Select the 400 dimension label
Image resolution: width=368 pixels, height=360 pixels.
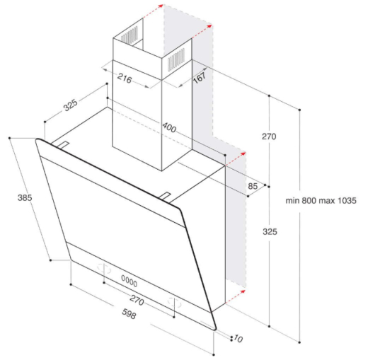pos(169,127)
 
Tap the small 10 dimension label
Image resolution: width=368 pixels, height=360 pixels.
pos(238,339)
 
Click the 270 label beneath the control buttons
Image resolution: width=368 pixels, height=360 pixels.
pos(137,301)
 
